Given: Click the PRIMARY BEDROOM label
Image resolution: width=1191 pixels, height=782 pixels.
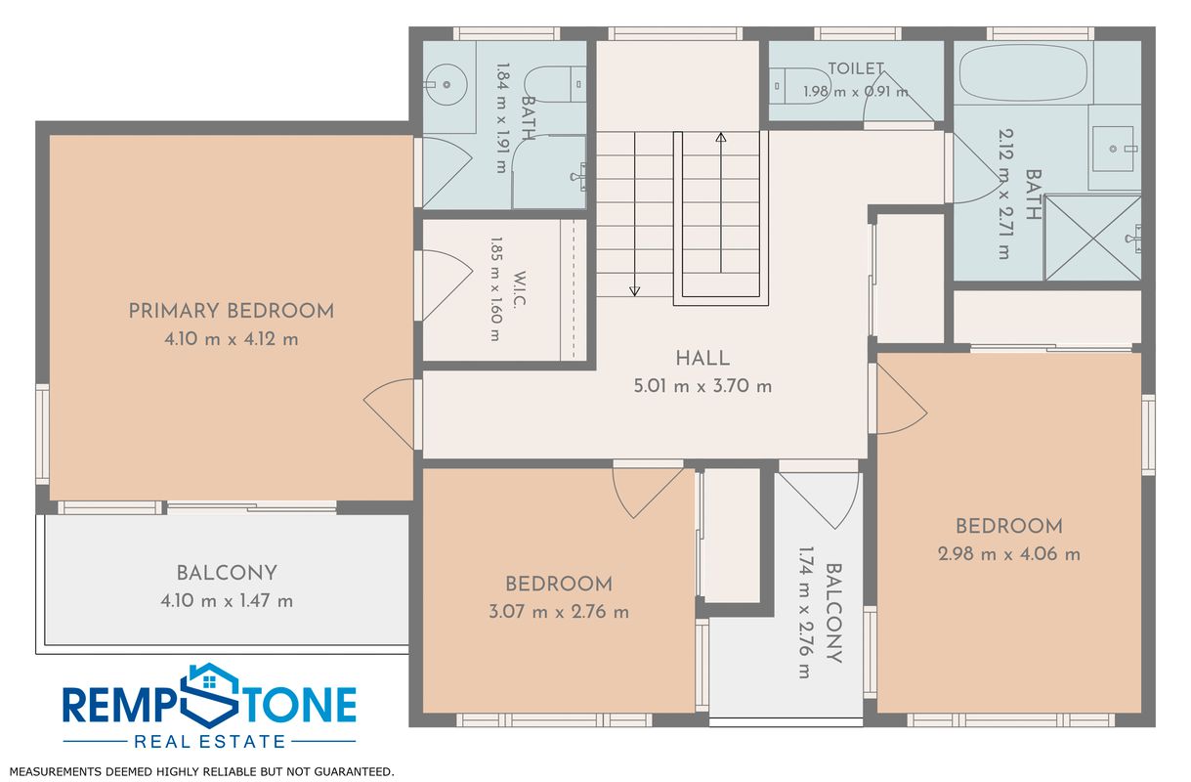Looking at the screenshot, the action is click(232, 311).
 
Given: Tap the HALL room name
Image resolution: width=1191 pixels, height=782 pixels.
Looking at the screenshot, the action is click(702, 358).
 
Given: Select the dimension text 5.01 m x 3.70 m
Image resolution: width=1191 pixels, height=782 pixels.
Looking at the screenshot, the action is click(702, 386).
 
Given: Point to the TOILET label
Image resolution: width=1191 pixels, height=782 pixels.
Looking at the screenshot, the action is click(856, 68).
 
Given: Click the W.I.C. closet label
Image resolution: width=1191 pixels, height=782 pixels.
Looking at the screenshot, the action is click(520, 289).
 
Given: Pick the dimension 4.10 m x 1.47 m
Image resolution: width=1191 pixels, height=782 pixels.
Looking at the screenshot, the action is click(227, 600).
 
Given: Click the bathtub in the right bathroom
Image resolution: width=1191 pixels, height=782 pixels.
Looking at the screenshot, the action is click(1023, 73).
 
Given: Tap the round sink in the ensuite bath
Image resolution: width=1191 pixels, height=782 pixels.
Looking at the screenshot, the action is click(447, 85).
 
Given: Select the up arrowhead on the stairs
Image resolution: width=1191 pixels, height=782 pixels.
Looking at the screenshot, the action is click(721, 138).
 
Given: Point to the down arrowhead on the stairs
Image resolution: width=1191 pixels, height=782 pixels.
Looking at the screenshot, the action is click(634, 291).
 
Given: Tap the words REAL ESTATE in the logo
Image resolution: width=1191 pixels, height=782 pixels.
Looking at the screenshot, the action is click(209, 741).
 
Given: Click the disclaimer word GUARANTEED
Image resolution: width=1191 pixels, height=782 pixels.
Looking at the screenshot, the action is click(354, 771).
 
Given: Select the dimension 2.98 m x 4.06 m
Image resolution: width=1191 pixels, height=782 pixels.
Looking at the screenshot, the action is click(1009, 554).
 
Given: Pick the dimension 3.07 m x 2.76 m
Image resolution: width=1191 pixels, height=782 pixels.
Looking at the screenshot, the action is click(559, 611).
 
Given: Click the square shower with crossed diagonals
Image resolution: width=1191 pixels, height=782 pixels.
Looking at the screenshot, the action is click(1092, 238).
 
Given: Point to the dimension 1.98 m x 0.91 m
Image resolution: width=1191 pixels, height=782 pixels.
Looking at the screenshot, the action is click(856, 92).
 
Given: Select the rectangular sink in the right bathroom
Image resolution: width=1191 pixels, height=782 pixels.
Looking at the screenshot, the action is click(1113, 149).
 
